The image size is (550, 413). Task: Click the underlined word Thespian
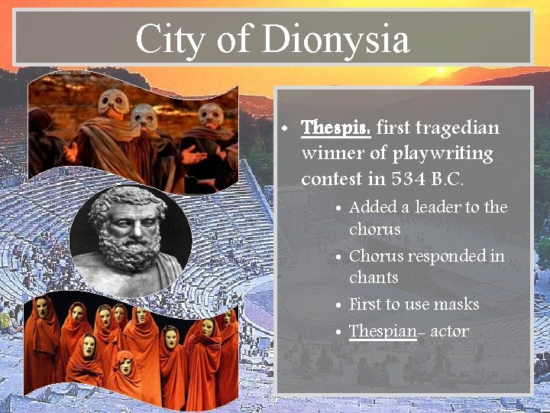[x=382, y=331]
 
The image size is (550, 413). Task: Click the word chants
[x=374, y=277]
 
